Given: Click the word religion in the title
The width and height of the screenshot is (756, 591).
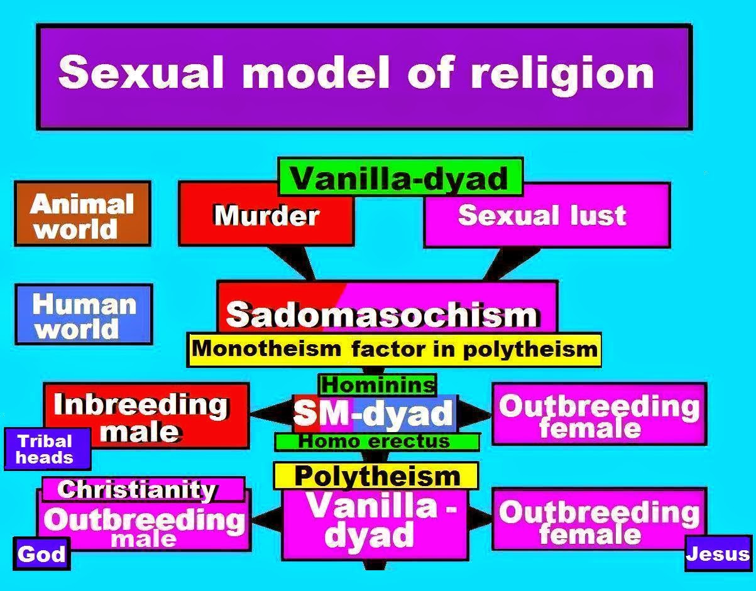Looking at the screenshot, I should tap(562, 73).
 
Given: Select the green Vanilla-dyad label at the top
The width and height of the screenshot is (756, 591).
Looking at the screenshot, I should tap(400, 178).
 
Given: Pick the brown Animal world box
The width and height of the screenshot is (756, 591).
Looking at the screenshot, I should tap(82, 215).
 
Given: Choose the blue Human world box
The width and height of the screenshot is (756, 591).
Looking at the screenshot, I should tap(84, 315).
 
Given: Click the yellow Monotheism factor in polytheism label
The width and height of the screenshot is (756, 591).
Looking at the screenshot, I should tap(394, 349).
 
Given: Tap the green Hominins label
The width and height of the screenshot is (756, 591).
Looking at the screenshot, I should tap(377, 384).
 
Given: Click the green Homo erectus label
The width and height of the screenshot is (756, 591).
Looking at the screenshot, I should tap(376, 442).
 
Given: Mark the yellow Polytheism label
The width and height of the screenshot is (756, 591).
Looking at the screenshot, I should tap(376, 475).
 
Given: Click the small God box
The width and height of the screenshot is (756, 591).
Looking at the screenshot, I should tap(41, 553).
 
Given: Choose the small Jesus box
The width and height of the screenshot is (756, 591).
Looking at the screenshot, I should tap(718, 553).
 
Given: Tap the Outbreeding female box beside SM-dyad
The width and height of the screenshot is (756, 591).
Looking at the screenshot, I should tap(598, 415).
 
